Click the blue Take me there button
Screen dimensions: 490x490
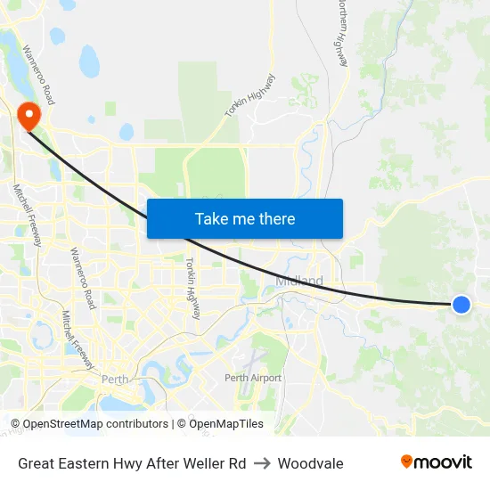click(x=245, y=218)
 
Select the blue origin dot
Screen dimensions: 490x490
click(x=461, y=305)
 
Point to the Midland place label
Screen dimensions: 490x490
click(x=299, y=282)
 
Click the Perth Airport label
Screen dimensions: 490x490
click(x=253, y=378)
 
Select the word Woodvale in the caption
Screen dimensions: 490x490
click(x=310, y=463)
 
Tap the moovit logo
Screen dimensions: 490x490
click(x=436, y=462)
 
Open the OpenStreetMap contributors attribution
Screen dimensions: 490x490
click(x=95, y=424)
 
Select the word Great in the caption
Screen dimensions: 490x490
click(x=37, y=463)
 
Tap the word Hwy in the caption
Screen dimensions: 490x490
click(x=130, y=463)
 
